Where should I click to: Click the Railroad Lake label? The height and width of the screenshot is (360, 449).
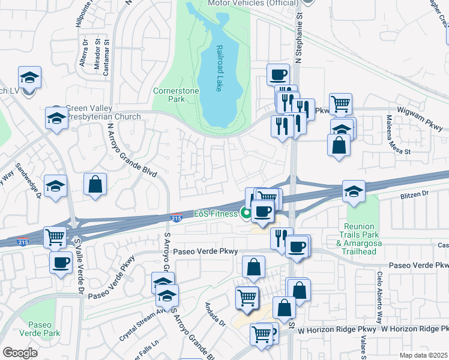tap(219, 68)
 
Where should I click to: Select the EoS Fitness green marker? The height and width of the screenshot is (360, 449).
tap(246, 211)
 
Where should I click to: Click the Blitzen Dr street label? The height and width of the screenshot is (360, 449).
tap(414, 194)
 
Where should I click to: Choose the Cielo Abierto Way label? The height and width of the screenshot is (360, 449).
tap(379, 305)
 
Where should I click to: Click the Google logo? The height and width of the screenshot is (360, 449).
tap(20, 353)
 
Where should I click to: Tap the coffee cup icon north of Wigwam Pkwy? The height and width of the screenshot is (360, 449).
tap(277, 74)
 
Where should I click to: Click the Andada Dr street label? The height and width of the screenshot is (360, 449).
tap(214, 313)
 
